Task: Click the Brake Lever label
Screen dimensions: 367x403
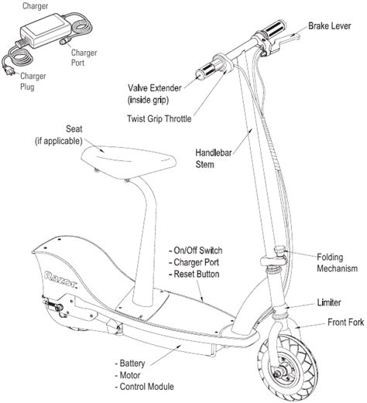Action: point(330,26)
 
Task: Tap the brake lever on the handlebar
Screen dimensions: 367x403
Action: point(286,40)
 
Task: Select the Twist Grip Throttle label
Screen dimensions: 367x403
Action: point(159,118)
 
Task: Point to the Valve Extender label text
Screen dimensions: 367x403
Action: point(155,88)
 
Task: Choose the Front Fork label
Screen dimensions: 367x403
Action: point(345,322)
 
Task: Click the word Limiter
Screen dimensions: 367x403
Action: point(329,302)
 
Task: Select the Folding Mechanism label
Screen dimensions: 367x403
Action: point(337,263)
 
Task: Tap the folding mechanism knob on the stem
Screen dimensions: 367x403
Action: point(280,251)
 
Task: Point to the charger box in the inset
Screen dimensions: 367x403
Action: point(46,30)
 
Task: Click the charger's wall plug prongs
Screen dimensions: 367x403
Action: point(9,70)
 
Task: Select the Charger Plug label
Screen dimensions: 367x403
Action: point(33,81)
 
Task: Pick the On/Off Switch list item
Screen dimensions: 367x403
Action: point(195,251)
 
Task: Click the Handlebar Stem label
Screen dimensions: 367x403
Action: point(214,159)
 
